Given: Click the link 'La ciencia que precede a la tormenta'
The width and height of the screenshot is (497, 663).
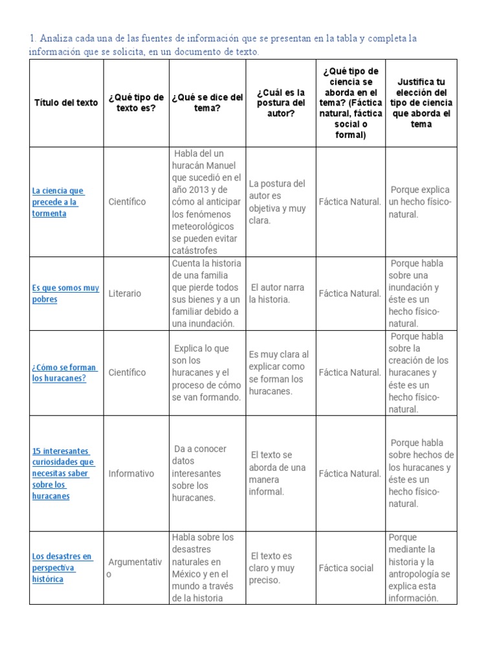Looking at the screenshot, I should (x=58, y=201).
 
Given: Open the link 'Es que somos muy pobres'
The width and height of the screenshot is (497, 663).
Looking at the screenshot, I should (x=65, y=293).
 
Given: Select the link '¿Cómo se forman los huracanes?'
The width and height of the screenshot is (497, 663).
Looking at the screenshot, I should (x=64, y=372).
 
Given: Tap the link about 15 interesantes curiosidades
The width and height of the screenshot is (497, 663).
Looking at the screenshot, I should (x=63, y=473).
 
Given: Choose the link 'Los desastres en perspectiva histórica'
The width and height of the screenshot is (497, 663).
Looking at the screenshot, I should (x=62, y=568).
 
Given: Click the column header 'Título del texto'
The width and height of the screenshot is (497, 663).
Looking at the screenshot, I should (x=66, y=102).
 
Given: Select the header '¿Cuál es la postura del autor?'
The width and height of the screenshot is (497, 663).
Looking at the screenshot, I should (x=281, y=102).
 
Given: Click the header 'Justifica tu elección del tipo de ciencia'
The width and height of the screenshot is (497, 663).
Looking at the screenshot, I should (x=421, y=102).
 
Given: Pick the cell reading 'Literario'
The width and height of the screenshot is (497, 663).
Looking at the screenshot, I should (x=125, y=293).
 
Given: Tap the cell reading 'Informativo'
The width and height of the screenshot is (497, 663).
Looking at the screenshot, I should (x=131, y=473).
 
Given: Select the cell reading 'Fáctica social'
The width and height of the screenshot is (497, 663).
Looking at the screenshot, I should (x=346, y=568).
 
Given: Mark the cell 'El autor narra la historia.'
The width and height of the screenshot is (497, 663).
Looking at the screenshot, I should (x=277, y=293).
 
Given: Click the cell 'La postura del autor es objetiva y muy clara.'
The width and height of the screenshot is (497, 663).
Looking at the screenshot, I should (x=277, y=201).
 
